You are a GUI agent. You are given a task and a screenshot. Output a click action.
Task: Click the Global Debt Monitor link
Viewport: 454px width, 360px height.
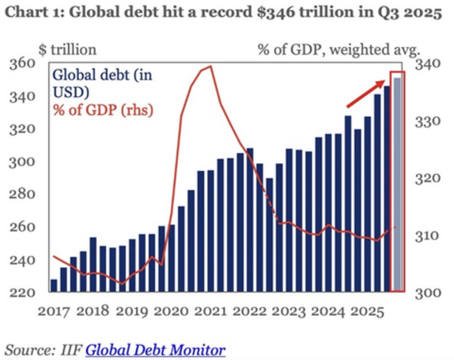click(x=155, y=349)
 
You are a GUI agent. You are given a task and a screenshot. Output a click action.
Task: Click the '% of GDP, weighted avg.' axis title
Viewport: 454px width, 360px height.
click(x=339, y=50)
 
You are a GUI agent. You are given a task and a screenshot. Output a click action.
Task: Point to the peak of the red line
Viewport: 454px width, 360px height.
click(x=210, y=66)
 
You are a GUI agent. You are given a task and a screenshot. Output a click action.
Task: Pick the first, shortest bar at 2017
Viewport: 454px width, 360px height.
click(x=54, y=286)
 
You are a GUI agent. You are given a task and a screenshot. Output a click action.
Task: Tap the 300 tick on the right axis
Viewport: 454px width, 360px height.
click(x=427, y=293)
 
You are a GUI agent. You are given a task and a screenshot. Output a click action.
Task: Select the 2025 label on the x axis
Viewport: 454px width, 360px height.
click(x=365, y=311)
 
